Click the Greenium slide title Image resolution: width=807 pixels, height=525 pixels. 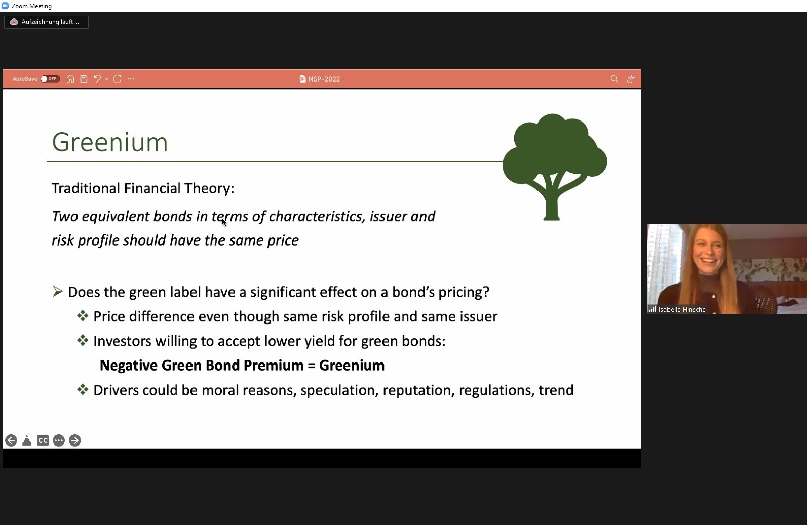coord(110,142)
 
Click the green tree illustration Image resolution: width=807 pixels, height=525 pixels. coord(554,167)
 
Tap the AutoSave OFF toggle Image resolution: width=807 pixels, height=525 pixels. coord(50,79)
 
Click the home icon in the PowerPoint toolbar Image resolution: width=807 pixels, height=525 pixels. coord(70,79)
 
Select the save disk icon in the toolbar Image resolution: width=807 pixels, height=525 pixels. coord(84,79)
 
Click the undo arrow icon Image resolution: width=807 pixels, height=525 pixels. coord(97,79)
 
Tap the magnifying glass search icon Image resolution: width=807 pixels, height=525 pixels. coord(614,79)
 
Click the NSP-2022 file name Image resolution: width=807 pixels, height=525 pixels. coord(324,79)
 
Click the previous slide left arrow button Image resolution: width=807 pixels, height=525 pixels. coord(11,440)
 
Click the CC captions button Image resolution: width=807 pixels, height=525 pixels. coord(43,440)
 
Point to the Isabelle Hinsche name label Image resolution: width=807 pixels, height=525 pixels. coord(682,309)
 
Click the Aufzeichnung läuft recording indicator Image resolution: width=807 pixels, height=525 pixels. coord(46,22)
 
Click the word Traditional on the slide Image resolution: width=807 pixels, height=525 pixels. coord(86,188)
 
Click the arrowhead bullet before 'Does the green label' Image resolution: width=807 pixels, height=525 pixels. coord(58,291)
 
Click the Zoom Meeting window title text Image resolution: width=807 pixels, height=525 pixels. coord(31,6)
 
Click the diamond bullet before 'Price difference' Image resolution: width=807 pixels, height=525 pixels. coord(83,316)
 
